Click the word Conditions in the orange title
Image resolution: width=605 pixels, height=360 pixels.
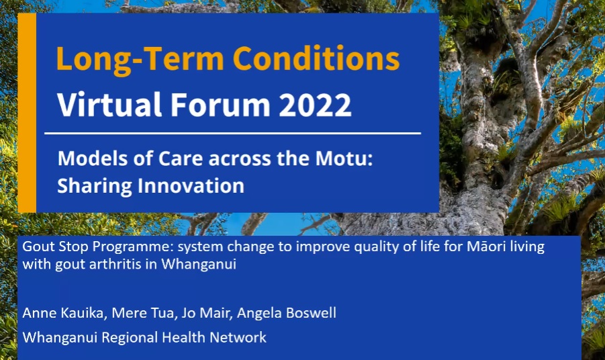click(x=316, y=58)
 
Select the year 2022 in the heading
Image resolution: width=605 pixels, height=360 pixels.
click(x=315, y=104)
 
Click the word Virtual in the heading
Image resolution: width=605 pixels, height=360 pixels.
click(x=109, y=104)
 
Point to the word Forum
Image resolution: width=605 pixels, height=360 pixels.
click(x=220, y=104)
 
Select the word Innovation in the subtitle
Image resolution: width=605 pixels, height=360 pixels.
click(x=191, y=185)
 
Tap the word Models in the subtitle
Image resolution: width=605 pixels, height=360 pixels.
click(x=93, y=159)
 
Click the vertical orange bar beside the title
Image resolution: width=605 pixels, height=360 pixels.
click(x=27, y=113)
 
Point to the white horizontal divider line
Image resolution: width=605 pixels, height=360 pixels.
click(x=232, y=134)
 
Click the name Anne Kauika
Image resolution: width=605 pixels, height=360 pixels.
click(x=63, y=312)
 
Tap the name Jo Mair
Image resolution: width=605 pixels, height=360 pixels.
click(x=205, y=312)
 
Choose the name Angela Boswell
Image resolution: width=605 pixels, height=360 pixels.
click(x=287, y=313)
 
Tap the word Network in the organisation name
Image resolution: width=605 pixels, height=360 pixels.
click(x=238, y=337)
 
